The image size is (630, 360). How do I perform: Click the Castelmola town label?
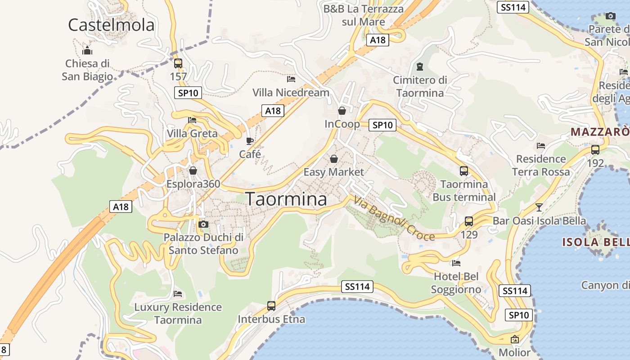coord(111,25)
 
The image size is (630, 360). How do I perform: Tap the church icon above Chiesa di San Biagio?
coord(87,50)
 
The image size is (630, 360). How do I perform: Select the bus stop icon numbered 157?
coord(178,63)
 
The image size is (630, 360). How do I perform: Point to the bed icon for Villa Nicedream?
coord(291,80)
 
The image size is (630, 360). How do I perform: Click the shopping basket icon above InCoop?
coord(342,111)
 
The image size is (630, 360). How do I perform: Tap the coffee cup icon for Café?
coord(250,141)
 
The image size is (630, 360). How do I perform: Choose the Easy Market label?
coord(333,172)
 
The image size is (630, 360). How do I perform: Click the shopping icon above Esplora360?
coord(193,171)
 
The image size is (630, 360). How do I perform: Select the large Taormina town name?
coord(286,199)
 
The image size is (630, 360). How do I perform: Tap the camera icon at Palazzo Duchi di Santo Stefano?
coord(203,224)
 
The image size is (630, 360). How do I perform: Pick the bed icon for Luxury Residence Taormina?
coord(178,294)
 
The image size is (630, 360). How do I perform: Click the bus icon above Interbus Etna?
coord(271,306)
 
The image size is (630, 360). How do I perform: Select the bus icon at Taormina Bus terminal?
coord(464,171)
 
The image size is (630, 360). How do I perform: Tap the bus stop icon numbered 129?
coord(469,221)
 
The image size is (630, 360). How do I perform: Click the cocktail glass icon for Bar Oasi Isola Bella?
coord(539,207)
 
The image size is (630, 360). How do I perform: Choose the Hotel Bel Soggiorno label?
coord(456,283)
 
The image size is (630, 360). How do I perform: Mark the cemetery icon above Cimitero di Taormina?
coord(420,67)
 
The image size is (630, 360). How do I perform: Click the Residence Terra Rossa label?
coord(541,165)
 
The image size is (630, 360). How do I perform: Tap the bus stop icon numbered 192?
coord(595,150)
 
